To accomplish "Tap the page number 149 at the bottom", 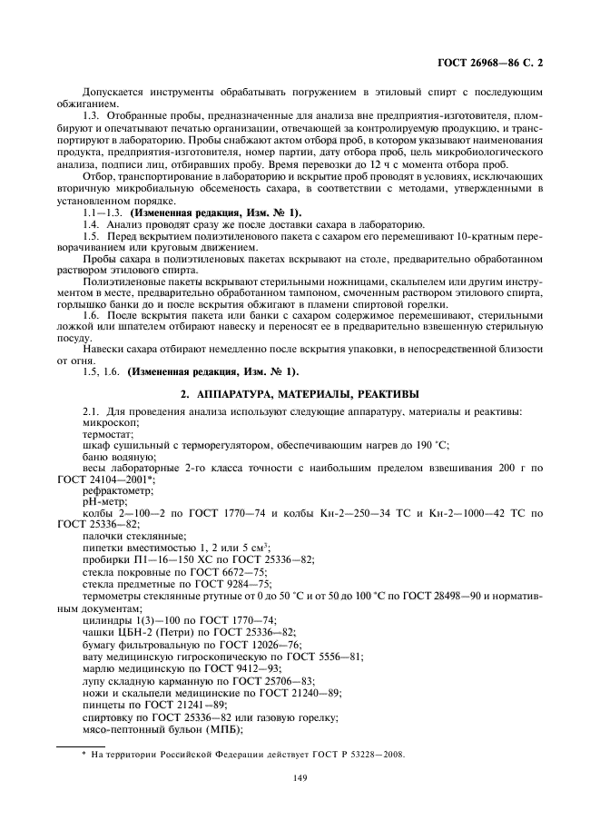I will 300,776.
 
